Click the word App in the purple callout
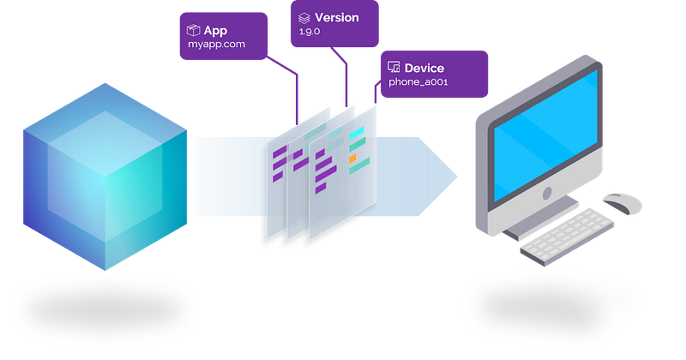[215, 31]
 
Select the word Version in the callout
[336, 17]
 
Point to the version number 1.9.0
[311, 31]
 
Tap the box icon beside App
[193, 31]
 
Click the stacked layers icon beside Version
[304, 17]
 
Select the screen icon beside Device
[394, 67]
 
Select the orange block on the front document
[352, 159]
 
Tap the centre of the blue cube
[105, 176]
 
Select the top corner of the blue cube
[105, 82]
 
